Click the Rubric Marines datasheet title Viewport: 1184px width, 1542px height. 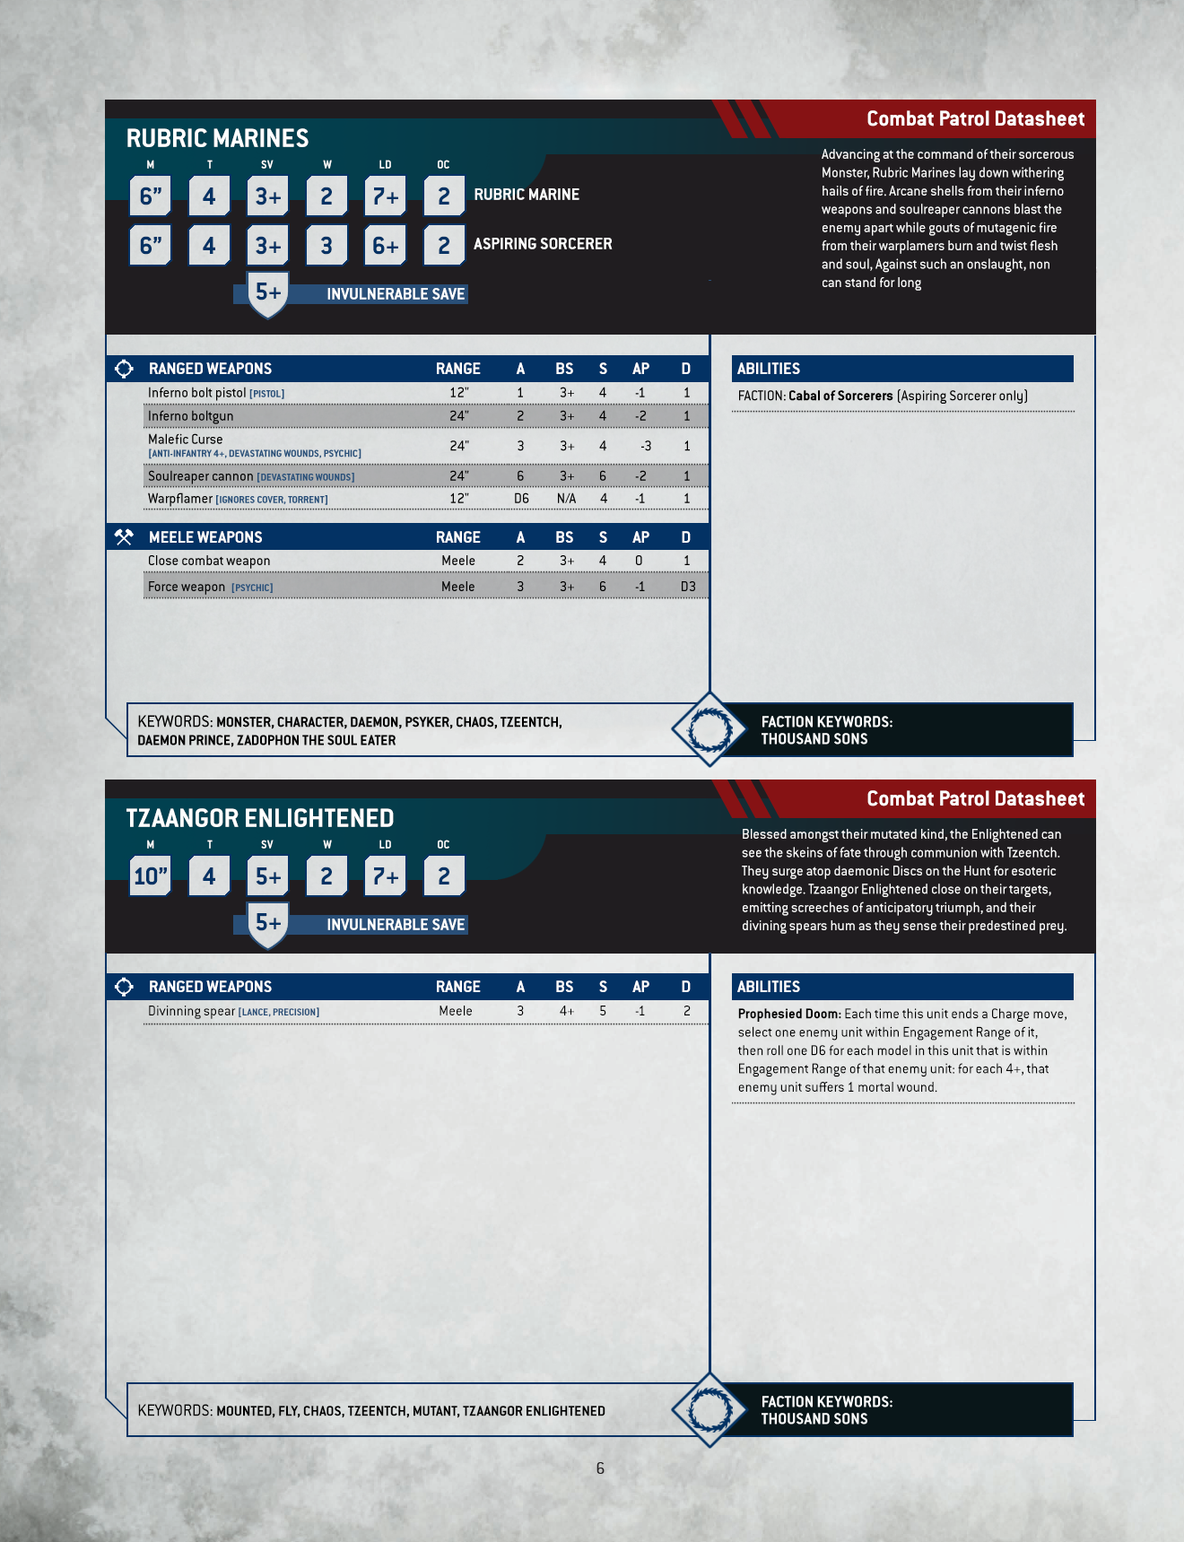tap(217, 138)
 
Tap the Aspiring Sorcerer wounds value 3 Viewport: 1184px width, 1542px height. tap(326, 246)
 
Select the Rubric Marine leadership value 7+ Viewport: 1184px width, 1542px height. tap(386, 196)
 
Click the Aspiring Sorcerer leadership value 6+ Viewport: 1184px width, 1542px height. tap(386, 246)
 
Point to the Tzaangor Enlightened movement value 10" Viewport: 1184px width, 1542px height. tap(151, 876)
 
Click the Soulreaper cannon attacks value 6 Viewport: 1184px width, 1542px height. tap(520, 476)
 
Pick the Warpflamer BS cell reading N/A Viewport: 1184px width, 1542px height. tap(566, 499)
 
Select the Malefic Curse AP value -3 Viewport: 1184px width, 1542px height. tap(645, 446)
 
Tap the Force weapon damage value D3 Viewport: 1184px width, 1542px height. tap(687, 587)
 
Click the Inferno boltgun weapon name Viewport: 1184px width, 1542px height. tap(191, 416)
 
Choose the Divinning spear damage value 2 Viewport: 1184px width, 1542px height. tap(686, 1011)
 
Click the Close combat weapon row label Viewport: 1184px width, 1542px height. tap(209, 561)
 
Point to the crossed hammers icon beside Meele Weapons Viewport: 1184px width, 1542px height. tap(124, 537)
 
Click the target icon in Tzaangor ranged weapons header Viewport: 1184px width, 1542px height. tap(124, 987)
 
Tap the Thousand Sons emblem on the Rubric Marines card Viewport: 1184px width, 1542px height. tap(709, 729)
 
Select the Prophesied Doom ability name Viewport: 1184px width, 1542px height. tap(788, 1015)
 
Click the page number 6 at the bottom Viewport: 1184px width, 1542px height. tap(600, 1468)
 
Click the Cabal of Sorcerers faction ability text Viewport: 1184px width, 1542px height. tap(840, 396)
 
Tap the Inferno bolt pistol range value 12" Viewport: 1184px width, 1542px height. tap(459, 393)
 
